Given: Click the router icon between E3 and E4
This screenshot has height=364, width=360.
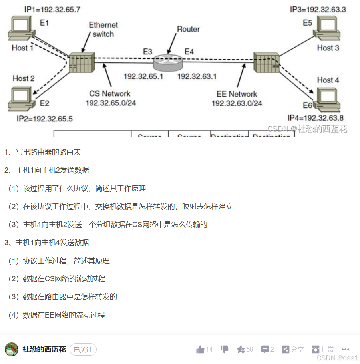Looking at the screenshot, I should click(x=168, y=60).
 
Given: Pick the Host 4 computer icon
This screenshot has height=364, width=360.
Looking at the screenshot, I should click(x=329, y=99).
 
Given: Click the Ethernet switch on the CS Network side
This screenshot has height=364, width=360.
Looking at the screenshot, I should click(x=81, y=62).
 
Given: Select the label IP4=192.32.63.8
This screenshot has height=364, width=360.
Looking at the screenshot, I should click(x=316, y=117).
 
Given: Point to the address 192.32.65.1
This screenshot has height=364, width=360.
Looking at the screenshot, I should click(x=143, y=76).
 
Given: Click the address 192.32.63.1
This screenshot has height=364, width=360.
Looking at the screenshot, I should click(x=197, y=76).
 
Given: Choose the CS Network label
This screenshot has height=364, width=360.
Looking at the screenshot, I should click(x=109, y=94).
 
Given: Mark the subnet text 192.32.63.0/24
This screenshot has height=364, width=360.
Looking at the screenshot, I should click(x=237, y=103).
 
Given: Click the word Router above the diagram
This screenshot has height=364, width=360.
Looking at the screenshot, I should click(x=189, y=29).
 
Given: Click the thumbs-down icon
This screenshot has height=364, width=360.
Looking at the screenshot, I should click(x=225, y=349).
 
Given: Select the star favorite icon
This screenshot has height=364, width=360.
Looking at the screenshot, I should click(x=241, y=350).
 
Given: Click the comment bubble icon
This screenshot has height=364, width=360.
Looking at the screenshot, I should click(x=265, y=350).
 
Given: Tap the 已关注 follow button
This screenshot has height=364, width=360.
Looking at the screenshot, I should click(x=83, y=350).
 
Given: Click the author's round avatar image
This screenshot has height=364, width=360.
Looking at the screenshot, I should click(x=12, y=350).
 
